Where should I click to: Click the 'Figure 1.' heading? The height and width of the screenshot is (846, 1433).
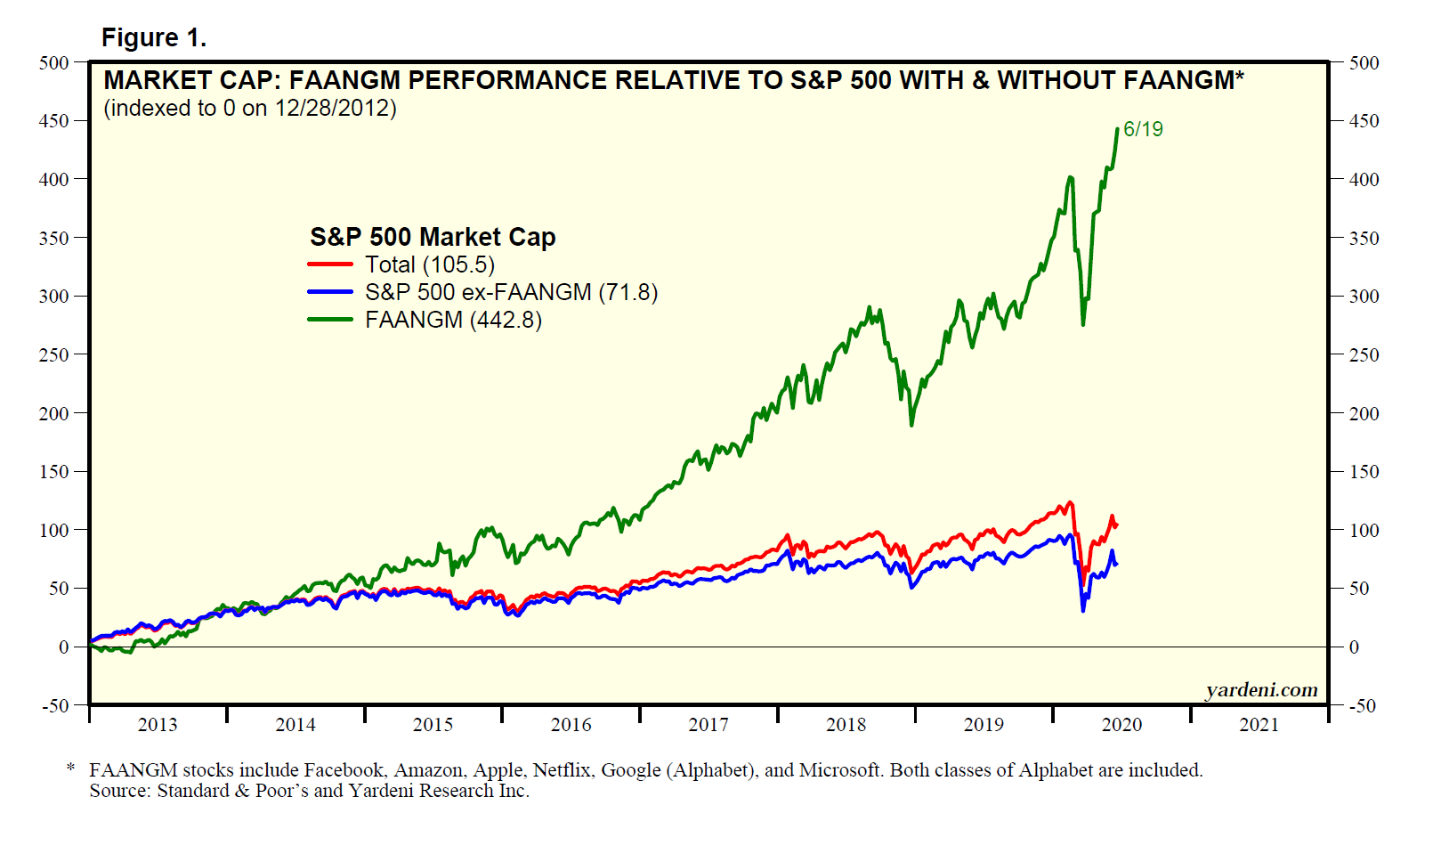(154, 37)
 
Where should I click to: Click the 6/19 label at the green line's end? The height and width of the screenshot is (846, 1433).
(1143, 129)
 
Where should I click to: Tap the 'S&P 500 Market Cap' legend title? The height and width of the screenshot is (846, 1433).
(433, 237)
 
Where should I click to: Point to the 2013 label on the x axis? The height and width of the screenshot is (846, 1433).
(158, 725)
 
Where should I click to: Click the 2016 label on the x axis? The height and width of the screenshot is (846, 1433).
(571, 725)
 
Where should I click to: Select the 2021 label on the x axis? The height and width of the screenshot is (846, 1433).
(1259, 725)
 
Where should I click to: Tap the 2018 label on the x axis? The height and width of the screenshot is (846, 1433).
(846, 725)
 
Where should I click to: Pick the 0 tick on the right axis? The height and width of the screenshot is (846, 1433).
(1354, 647)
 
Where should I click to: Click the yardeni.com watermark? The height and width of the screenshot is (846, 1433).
(1261, 690)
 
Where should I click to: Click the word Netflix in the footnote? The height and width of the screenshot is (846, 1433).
(562, 770)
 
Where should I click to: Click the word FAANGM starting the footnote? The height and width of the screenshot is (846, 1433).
(134, 770)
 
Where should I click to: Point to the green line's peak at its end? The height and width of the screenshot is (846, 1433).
(1118, 129)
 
